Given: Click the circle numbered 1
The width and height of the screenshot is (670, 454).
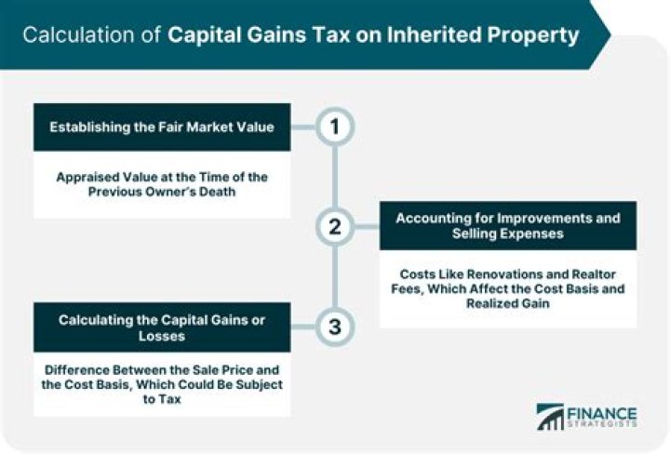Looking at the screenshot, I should (334, 127).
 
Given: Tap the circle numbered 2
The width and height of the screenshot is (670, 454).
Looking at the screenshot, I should (334, 226).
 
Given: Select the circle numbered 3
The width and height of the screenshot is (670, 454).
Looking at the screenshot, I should (334, 326).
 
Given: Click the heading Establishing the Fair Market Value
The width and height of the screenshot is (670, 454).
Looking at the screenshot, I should (162, 127).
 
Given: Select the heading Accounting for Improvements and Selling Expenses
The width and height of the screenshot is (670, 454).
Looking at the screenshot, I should (508, 226).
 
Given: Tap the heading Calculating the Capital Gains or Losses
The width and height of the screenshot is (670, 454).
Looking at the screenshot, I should (162, 327).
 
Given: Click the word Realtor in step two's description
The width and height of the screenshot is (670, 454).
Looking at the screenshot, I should (589, 274).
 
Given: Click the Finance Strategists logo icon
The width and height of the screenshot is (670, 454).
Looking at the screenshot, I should (550, 416).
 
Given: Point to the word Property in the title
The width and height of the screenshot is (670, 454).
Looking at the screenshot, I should (539, 35).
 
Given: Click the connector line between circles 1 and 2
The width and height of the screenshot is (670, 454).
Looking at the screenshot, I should (334, 177).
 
